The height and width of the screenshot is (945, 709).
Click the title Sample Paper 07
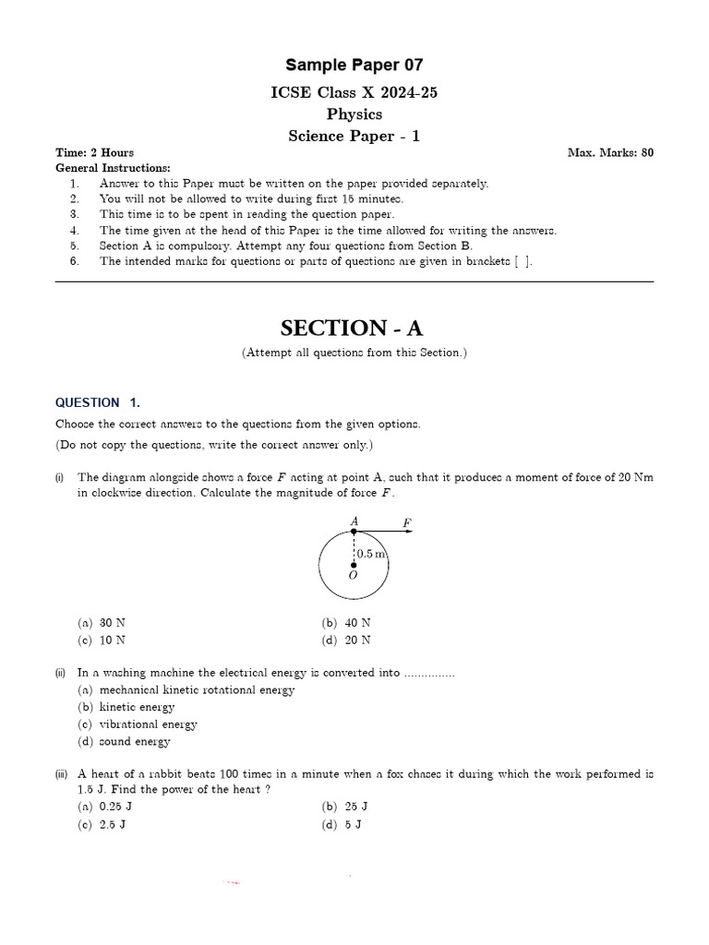point(354,65)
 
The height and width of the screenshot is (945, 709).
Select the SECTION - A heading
point(354,328)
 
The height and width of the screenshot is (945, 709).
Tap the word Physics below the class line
point(354,114)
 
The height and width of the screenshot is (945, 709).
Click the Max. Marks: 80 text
point(610,153)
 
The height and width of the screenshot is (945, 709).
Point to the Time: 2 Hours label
point(94,153)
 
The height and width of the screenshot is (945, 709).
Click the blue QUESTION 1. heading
point(98,402)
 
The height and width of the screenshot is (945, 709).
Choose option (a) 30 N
point(102,623)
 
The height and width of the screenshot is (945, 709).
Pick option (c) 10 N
point(102,640)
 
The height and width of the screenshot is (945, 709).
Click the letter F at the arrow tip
point(406,522)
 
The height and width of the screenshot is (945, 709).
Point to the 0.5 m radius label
point(370,554)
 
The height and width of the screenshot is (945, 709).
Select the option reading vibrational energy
point(138,724)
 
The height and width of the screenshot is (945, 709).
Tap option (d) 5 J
point(342,824)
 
